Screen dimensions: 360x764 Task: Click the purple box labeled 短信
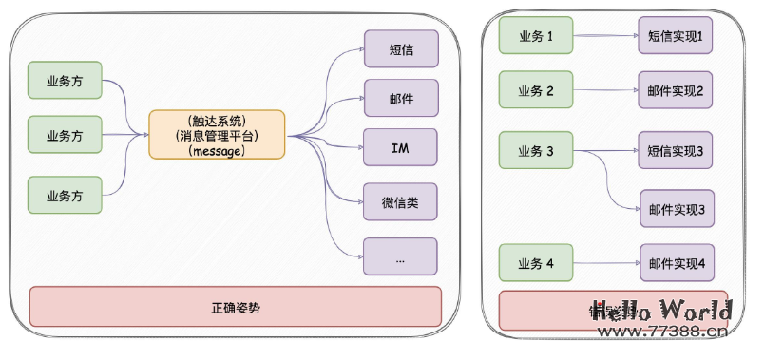click(400, 49)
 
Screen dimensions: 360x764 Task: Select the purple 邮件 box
click(400, 98)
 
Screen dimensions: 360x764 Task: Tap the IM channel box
click(400, 148)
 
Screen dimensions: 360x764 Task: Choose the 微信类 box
click(400, 202)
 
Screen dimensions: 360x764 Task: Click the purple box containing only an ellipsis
click(400, 256)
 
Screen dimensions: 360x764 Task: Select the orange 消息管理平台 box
click(217, 135)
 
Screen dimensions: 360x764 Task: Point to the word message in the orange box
click(217, 151)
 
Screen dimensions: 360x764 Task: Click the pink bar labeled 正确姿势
click(235, 308)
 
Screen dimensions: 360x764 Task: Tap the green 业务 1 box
click(536, 36)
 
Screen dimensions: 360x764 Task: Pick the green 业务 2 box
click(536, 91)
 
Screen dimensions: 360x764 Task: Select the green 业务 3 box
click(536, 151)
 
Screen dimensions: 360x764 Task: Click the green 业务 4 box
click(536, 263)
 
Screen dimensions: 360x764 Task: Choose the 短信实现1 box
click(675, 36)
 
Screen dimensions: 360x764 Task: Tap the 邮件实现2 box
click(675, 91)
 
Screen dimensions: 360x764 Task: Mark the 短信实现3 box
click(675, 151)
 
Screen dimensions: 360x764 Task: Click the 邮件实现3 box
click(675, 209)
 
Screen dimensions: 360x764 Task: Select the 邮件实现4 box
click(675, 263)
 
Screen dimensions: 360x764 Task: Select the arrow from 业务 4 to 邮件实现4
click(605, 263)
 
